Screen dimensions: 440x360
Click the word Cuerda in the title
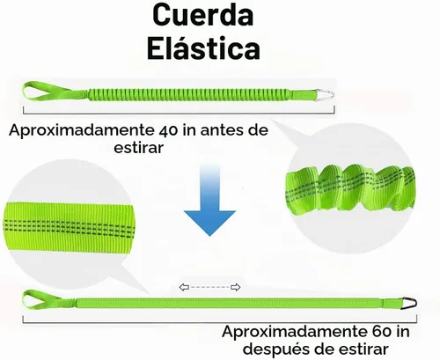pyautogui.click(x=203, y=16)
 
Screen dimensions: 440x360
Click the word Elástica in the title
pyautogui.click(x=203, y=48)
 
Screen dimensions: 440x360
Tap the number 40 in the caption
pyautogui.click(x=169, y=129)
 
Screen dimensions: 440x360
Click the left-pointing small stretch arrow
pyautogui.click(x=184, y=287)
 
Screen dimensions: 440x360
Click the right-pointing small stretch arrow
pyautogui.click(x=236, y=287)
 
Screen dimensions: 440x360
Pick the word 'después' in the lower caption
pyautogui.click(x=275, y=349)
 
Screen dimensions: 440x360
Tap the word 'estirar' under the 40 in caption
pyautogui.click(x=138, y=147)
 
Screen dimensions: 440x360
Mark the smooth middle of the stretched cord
pyautogui.click(x=229, y=303)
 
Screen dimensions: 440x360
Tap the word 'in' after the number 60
pyautogui.click(x=403, y=332)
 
